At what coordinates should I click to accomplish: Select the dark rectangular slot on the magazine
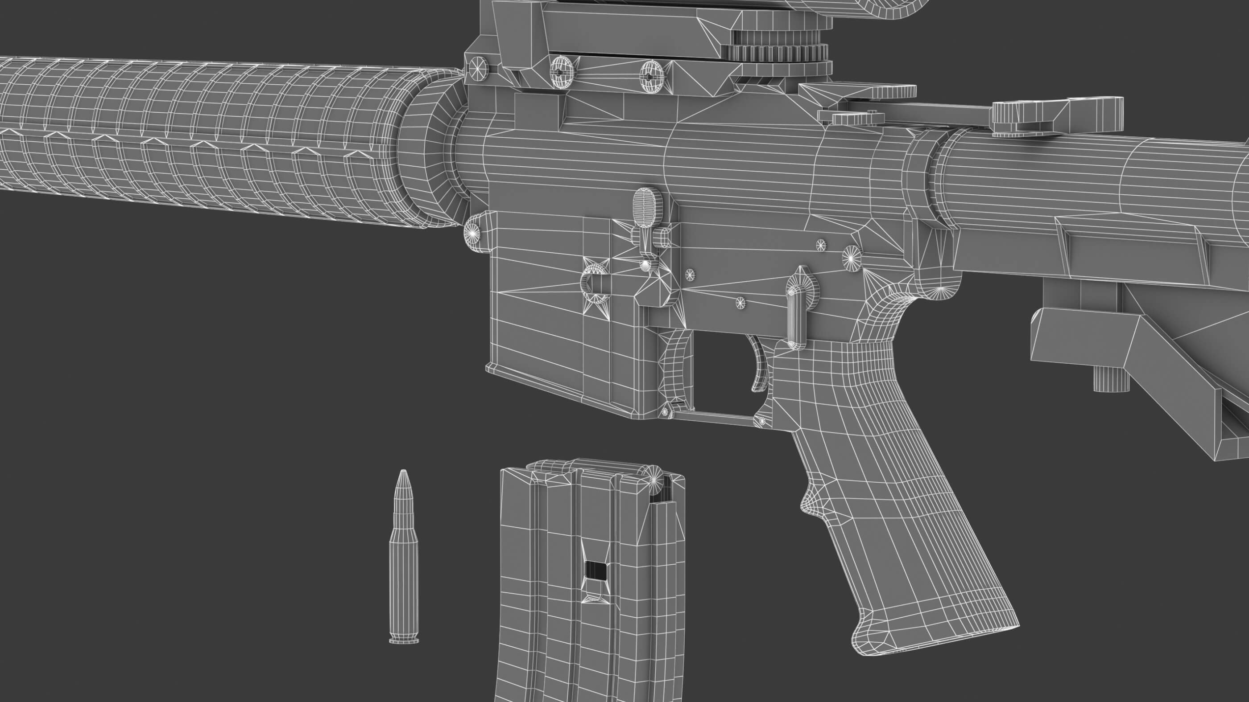(x=596, y=570)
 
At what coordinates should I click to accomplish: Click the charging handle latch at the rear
(x=1018, y=116)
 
